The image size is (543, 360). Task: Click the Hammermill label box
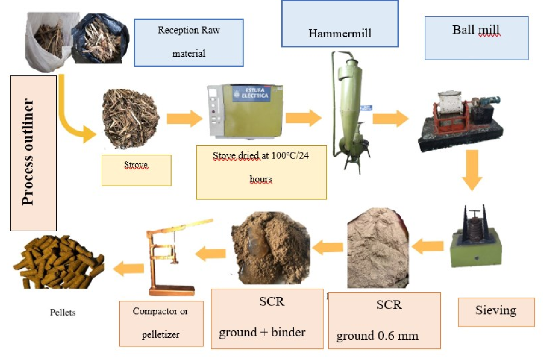click(x=340, y=24)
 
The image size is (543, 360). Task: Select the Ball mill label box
click(x=477, y=38)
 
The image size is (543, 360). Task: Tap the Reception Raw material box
click(x=189, y=42)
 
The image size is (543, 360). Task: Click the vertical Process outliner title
click(x=33, y=153)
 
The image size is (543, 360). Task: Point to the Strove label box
click(x=136, y=170)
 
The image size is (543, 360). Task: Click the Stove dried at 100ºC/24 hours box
click(x=261, y=172)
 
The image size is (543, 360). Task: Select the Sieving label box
click(x=496, y=311)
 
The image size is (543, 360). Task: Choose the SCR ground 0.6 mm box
click(x=384, y=320)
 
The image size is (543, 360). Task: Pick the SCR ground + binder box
click(x=267, y=319)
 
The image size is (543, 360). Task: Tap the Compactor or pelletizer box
click(x=161, y=323)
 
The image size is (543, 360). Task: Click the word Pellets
click(x=63, y=313)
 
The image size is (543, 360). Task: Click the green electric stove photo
click(x=245, y=110)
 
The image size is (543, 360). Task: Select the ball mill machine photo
click(x=460, y=121)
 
